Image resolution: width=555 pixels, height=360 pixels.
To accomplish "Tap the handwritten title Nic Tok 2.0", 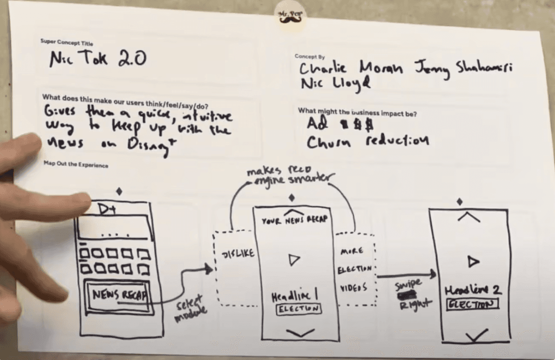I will coord(98,59).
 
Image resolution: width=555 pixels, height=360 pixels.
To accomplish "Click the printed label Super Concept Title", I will coord(66,42).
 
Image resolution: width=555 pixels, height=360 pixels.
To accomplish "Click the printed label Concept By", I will coord(309,57).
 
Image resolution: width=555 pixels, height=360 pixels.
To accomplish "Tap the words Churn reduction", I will coord(368,141).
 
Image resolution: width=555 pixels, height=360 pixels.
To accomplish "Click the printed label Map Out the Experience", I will coord(76,165).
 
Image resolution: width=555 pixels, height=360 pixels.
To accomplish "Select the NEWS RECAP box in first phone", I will coord(118,294).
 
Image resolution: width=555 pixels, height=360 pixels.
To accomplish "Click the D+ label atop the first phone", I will coord(108,210).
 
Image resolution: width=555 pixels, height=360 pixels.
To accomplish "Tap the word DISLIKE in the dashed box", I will coord(238,254).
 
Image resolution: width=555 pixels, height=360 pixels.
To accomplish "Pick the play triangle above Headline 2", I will coord(472,262).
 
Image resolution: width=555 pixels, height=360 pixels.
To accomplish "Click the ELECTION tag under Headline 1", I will coord(297,309).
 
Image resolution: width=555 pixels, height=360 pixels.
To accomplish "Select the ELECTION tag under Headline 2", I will coord(472,304).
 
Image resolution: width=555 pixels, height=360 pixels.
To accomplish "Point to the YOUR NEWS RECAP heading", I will coord(294,220).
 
